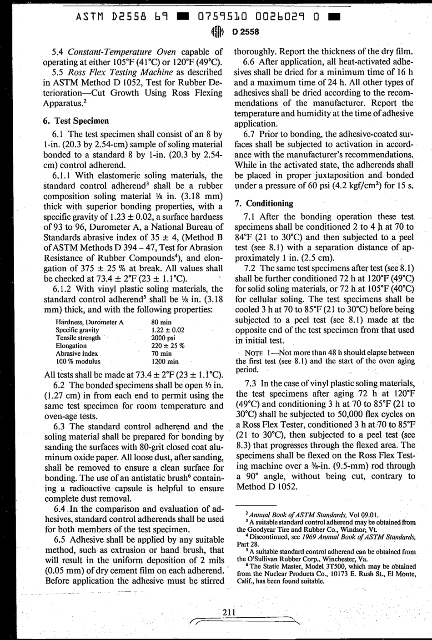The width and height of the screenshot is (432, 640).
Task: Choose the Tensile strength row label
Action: tap(78, 338)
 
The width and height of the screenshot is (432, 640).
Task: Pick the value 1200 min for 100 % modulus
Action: tap(165, 362)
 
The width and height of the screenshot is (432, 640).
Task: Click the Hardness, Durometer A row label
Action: tap(89, 322)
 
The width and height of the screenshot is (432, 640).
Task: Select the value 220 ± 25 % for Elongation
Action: tap(167, 346)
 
